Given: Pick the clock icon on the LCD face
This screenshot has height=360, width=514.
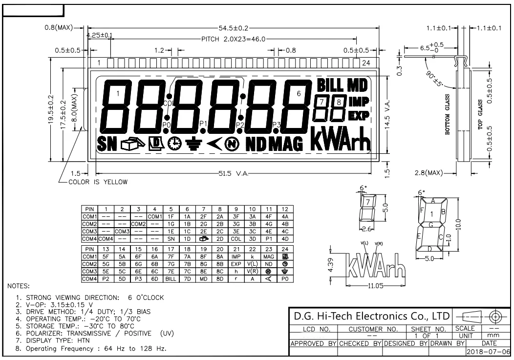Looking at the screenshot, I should (173, 143).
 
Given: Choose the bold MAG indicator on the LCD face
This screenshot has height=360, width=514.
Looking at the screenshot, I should (286, 143).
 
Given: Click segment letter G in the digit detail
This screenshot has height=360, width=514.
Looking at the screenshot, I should (432, 224).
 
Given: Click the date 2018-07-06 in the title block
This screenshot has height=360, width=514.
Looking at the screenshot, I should (492, 351).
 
